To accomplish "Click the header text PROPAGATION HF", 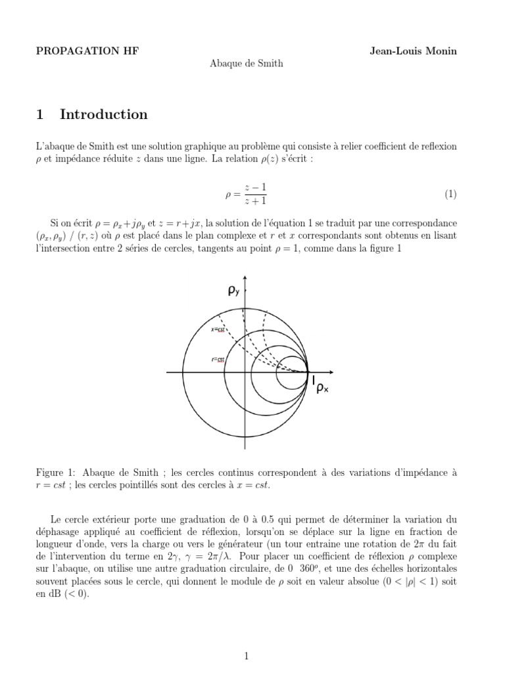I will (x=87, y=51).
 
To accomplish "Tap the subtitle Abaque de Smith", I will (x=247, y=63).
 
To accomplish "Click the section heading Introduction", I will (x=104, y=114).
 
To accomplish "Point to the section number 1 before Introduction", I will (x=40, y=114).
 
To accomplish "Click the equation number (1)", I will (x=450, y=194).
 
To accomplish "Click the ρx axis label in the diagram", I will (x=322, y=388).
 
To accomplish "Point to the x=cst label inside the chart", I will (x=218, y=329).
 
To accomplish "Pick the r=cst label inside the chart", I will (x=218, y=360).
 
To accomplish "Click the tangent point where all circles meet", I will (x=308, y=373).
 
